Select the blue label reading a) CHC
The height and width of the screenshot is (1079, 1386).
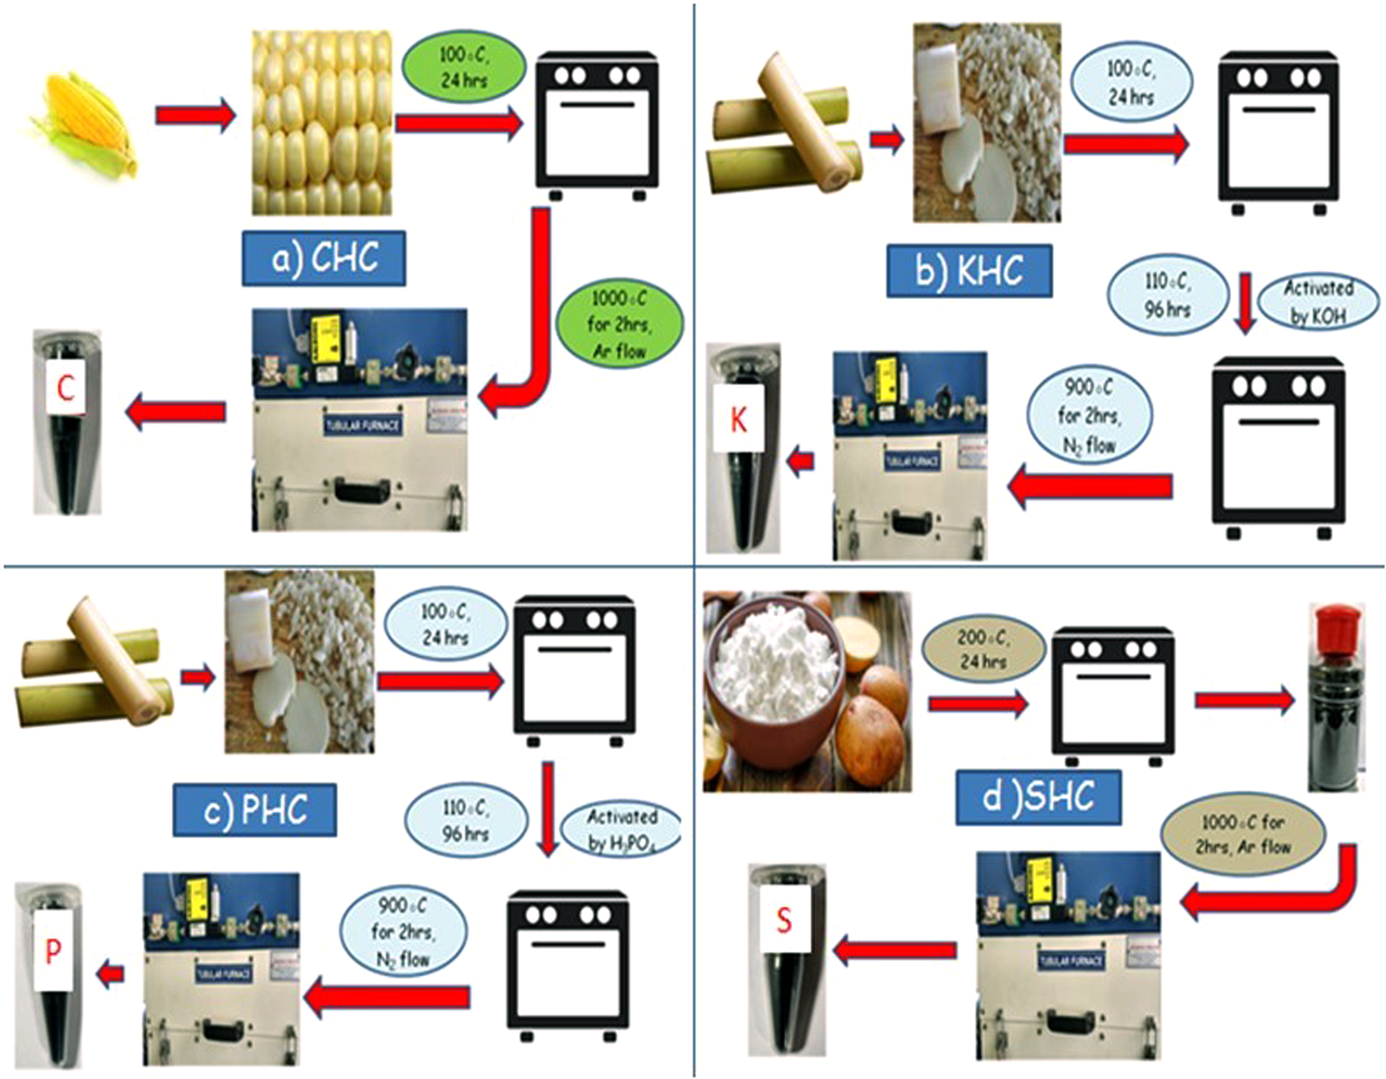tap(324, 258)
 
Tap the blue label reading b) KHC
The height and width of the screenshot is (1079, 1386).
tap(969, 271)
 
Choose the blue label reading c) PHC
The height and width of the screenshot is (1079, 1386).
tap(255, 809)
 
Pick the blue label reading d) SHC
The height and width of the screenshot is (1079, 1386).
tap(1038, 797)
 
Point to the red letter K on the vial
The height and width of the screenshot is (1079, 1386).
tap(739, 419)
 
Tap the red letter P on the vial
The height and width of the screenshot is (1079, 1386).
tap(53, 951)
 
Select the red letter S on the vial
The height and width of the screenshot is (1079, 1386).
tap(784, 920)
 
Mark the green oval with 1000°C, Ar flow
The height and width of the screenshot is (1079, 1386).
tap(619, 324)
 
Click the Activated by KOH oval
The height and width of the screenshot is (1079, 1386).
tap(1319, 302)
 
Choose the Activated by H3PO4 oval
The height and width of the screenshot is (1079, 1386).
tap(622, 830)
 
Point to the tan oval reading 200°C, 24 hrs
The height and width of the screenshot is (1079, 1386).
tap(983, 649)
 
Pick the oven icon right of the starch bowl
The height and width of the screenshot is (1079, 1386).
tap(1111, 696)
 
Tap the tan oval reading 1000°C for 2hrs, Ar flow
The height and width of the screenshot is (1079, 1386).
tap(1243, 834)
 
